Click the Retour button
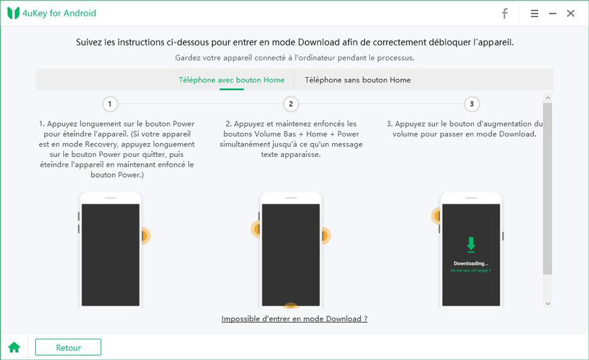68,348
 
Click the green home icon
14,348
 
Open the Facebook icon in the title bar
504,13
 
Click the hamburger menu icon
535,13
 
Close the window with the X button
570,13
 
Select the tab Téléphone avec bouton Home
231,80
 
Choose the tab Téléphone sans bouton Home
358,80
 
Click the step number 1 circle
110,104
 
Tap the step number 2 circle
291,104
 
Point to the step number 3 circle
472,104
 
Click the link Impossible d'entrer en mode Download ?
294,319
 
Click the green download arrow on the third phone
471,244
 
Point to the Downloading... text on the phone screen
471,264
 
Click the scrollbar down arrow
548,304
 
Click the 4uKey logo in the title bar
13,13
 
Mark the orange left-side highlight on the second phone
257,229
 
